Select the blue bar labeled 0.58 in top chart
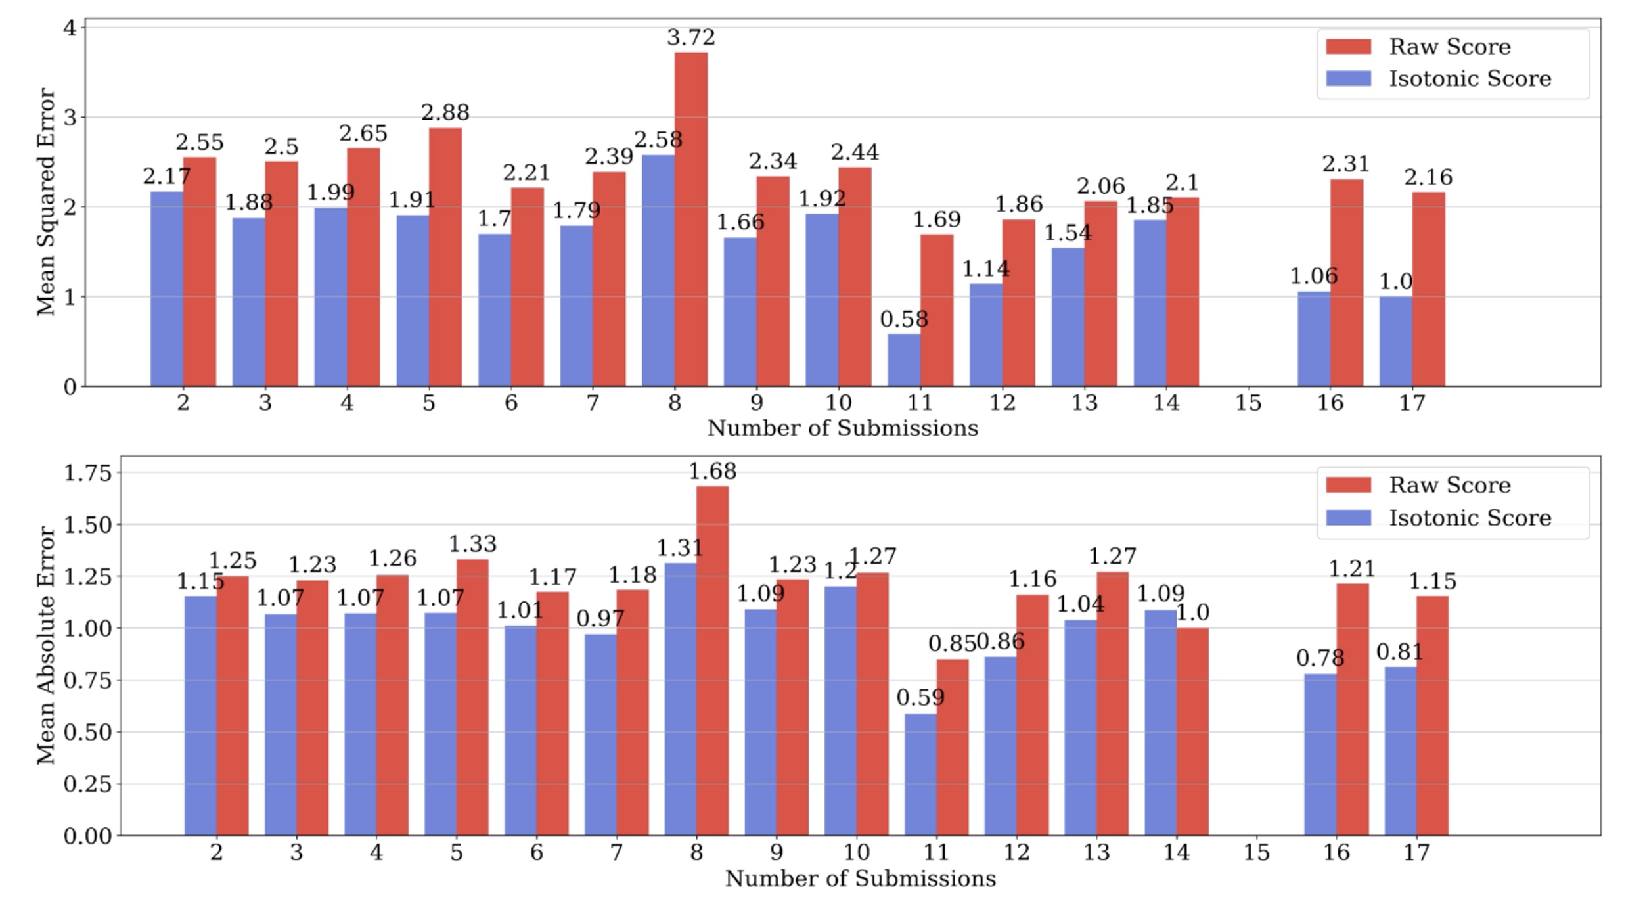click(x=904, y=360)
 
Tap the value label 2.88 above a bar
click(x=445, y=113)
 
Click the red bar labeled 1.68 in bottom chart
click(x=712, y=660)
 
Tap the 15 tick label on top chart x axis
click(x=1248, y=403)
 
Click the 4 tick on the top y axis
click(x=70, y=28)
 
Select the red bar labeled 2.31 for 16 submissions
click(x=1346, y=283)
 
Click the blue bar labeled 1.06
click(x=1313, y=339)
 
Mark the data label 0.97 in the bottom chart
click(x=600, y=618)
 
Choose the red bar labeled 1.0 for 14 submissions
click(x=1192, y=731)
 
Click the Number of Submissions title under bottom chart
click(x=860, y=878)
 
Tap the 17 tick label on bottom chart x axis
click(x=1416, y=853)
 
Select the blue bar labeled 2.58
click(x=658, y=270)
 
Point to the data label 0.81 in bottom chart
click(x=1399, y=652)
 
